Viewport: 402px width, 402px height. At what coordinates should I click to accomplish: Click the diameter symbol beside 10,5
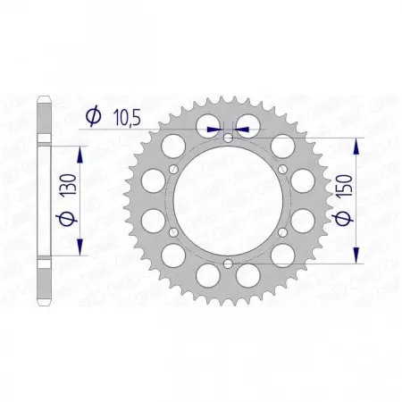coord(93,115)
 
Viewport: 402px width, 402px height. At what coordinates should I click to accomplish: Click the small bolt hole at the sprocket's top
coord(228,138)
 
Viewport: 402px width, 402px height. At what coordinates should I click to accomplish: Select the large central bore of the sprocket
coord(228,200)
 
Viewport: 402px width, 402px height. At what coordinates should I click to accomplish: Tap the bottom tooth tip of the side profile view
coord(44,301)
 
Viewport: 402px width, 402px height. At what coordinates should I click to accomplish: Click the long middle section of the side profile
coord(44,200)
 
